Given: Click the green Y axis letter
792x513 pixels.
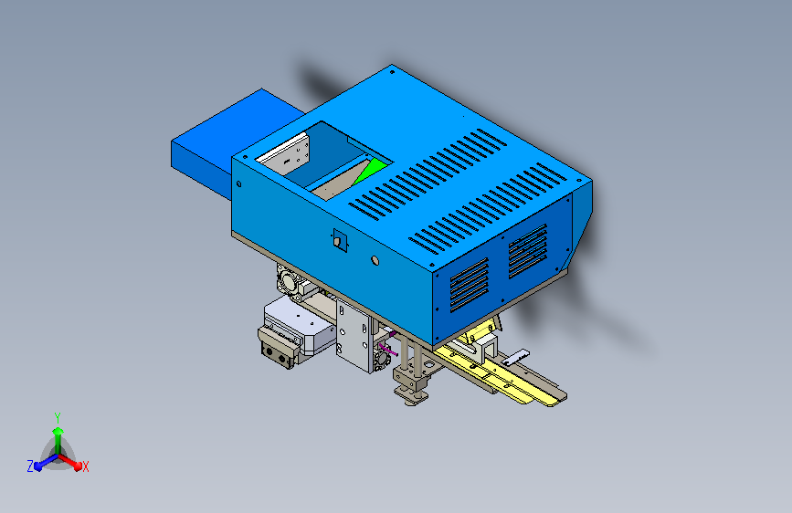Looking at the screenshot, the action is pyautogui.click(x=58, y=418).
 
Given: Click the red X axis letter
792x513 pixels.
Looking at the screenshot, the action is pyautogui.click(x=85, y=467).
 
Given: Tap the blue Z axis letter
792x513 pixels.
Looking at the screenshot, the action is pyautogui.click(x=30, y=466).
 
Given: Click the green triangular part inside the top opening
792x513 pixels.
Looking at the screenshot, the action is pyautogui.click(x=370, y=170).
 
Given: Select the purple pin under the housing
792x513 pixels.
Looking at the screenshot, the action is pyautogui.click(x=388, y=349).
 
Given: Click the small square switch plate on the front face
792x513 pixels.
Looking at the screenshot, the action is pyautogui.click(x=340, y=240).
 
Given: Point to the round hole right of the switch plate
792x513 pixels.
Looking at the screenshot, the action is pyautogui.click(x=375, y=260).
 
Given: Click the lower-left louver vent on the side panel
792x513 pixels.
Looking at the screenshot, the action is pyautogui.click(x=470, y=285).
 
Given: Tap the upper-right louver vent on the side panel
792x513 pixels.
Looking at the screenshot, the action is pyautogui.click(x=528, y=251).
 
